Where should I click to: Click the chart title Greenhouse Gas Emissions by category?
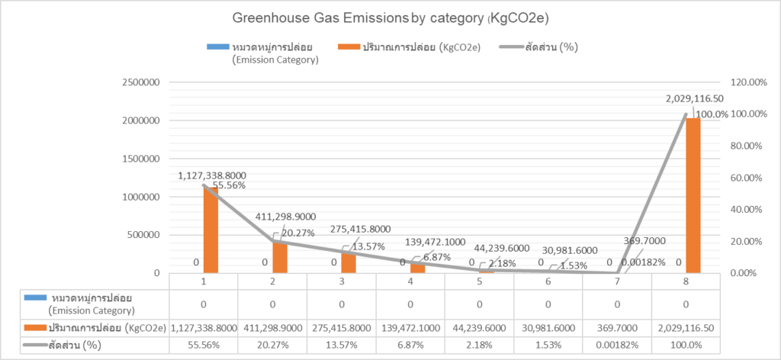coord(390,16)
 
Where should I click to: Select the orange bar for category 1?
coord(210,230)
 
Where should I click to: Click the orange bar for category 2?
coord(279,257)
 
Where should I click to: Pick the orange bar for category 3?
coord(348,262)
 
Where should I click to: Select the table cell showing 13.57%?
coord(342,345)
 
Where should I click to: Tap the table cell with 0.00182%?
coord(616,345)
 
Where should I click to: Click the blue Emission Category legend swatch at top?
coord(217,48)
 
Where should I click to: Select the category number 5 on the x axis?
coord(479,281)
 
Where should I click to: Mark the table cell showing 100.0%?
coord(686,345)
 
